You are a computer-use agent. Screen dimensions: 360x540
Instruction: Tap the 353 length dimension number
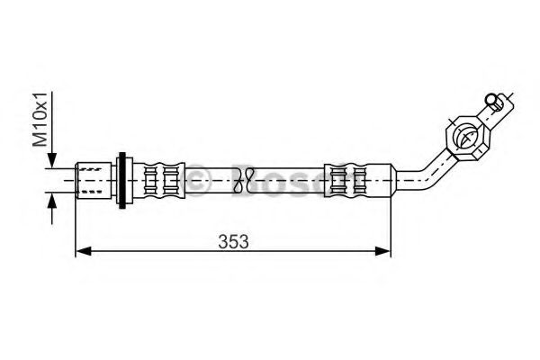233,241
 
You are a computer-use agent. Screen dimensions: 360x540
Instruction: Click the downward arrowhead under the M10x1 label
54,158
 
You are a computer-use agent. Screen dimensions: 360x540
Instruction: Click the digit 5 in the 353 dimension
233,241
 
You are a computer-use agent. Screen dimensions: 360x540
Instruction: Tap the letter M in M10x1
40,139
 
